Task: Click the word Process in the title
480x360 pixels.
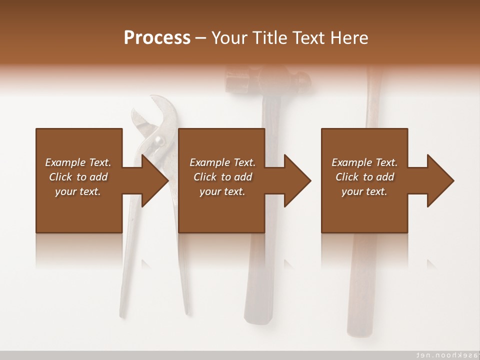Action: [157, 38]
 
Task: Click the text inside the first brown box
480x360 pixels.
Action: [78, 177]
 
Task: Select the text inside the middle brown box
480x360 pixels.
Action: [222, 177]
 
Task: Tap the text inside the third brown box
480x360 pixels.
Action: [364, 177]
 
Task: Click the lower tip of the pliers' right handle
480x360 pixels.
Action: [187, 312]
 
